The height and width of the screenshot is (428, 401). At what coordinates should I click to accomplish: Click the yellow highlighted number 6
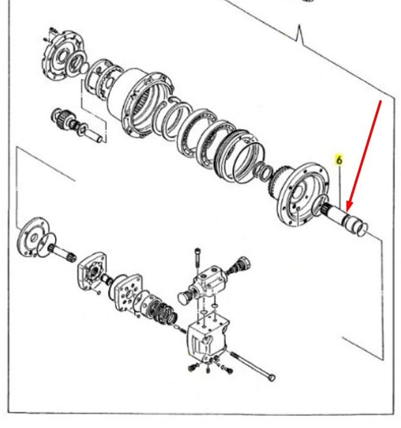(339, 160)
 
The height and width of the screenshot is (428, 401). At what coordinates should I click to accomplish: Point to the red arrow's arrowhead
(349, 207)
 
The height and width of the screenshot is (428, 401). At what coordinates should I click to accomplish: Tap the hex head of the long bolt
(271, 377)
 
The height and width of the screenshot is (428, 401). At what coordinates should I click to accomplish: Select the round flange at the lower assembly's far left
(32, 237)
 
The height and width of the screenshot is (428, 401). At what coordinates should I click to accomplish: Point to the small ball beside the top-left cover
(84, 68)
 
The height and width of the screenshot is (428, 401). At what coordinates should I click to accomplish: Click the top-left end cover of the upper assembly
(64, 57)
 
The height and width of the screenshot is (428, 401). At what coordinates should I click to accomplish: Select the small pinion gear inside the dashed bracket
(61, 117)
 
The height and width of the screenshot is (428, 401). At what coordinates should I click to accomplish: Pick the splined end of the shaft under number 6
(326, 208)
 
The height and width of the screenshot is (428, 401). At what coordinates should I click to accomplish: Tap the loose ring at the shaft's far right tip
(362, 229)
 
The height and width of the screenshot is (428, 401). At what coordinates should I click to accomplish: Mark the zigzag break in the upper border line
(300, 35)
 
